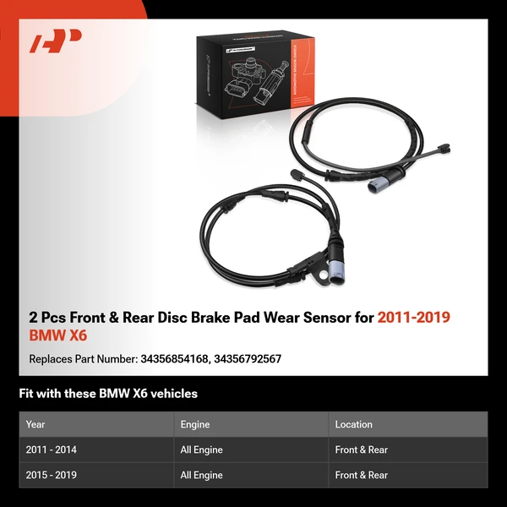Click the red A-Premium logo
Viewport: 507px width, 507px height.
click(x=56, y=41)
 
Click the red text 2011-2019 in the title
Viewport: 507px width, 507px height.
click(x=413, y=318)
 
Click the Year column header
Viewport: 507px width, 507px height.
click(x=35, y=424)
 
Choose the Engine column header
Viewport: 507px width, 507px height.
click(x=194, y=424)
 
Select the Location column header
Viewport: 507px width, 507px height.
click(x=353, y=424)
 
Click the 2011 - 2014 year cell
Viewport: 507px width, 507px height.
click(x=52, y=450)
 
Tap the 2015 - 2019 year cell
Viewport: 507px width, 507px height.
click(x=52, y=476)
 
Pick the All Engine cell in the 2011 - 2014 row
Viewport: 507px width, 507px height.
click(x=201, y=450)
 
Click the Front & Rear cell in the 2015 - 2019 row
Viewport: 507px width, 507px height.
click(x=361, y=476)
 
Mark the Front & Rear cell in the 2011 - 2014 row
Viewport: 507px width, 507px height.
click(x=361, y=450)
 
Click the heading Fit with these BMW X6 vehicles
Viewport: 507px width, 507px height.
click(x=108, y=394)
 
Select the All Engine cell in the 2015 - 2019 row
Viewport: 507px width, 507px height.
click(x=201, y=476)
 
